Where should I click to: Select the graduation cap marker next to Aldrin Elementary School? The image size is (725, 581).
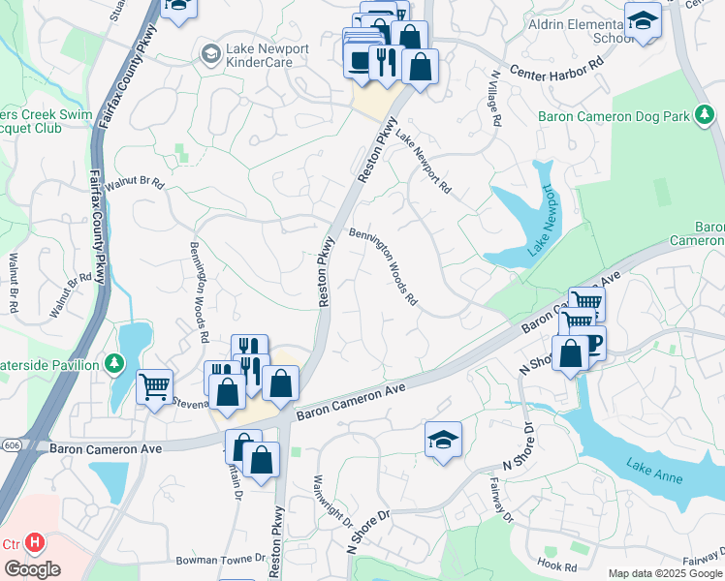(x=643, y=21)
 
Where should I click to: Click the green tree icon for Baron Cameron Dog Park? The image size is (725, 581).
(x=705, y=116)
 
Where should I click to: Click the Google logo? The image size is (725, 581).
(x=32, y=568)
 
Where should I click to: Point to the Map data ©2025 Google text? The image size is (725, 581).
(x=664, y=573)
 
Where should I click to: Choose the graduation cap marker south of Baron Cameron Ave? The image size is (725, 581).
(x=443, y=439)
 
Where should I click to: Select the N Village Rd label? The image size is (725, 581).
(x=496, y=98)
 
